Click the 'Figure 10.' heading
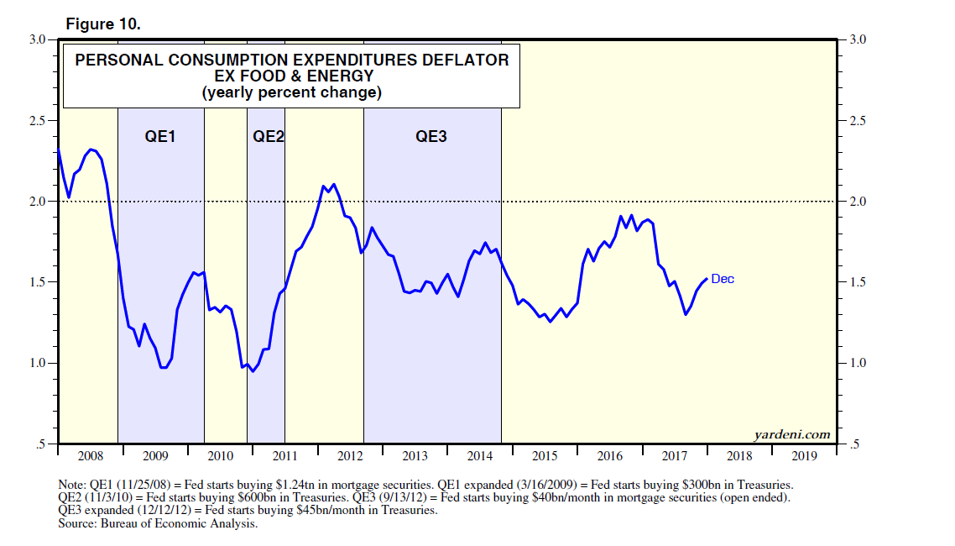(x=103, y=24)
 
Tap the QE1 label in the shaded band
(x=161, y=136)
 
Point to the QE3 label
(x=432, y=136)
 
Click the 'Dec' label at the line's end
(x=723, y=279)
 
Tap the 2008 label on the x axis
(x=90, y=456)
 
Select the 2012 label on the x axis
(x=350, y=456)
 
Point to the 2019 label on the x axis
(x=804, y=456)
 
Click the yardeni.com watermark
(x=792, y=434)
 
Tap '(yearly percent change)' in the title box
(x=292, y=92)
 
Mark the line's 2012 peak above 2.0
(x=334, y=184)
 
